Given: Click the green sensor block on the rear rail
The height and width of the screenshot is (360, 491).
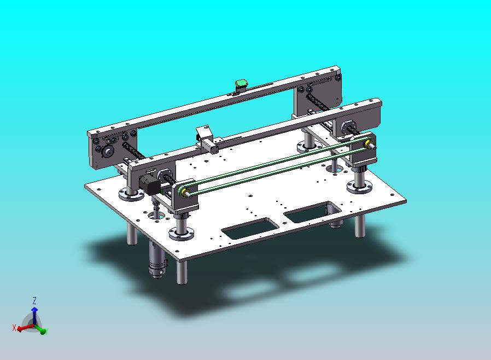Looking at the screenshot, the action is pos(242,84).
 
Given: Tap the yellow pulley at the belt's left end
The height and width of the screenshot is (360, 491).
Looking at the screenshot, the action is pos(184,191).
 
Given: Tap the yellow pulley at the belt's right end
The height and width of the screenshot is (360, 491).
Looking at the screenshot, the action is pos(367,143).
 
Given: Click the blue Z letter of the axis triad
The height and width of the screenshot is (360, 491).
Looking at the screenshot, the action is pos(34,301).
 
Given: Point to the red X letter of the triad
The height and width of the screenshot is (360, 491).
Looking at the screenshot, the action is pos(14,328).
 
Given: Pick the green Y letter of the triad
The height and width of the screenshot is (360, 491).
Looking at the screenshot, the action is pos(46,332).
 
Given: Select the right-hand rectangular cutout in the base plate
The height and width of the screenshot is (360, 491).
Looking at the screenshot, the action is pos(313,212).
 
